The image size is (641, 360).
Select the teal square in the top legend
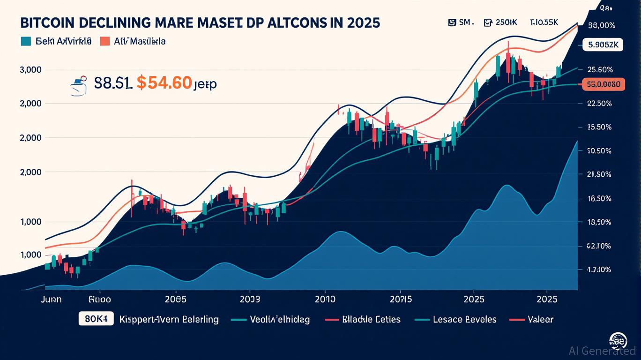pyautogui.click(x=26, y=41)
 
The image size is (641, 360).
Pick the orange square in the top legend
pyautogui.click(x=104, y=41)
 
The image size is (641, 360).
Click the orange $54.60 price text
pyautogui.click(x=164, y=83)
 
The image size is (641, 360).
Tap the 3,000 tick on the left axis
pyautogui.click(x=30, y=70)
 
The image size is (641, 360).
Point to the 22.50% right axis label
pyautogui.click(x=599, y=104)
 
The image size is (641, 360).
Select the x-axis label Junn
pyautogui.click(x=52, y=299)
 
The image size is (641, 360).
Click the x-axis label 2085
pyautogui.click(x=175, y=299)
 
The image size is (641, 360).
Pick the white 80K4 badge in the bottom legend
pyautogui.click(x=96, y=319)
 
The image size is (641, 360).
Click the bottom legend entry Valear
pyautogui.click(x=540, y=319)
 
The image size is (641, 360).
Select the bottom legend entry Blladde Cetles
pyautogui.click(x=371, y=319)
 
